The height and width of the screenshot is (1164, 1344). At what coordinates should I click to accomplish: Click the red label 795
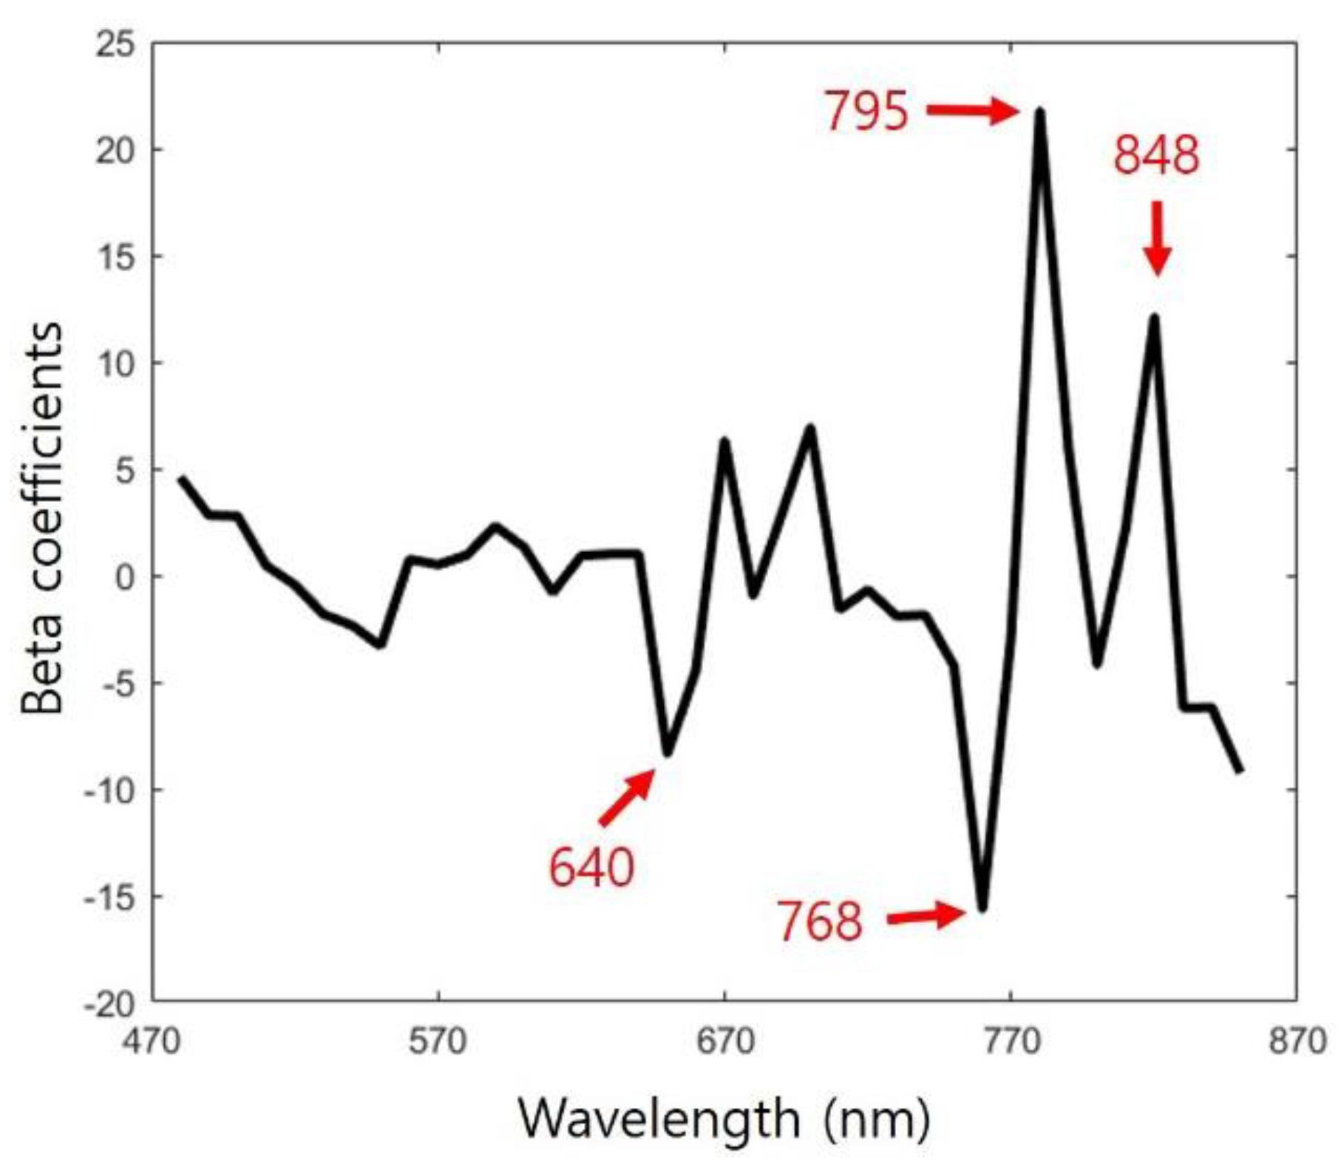coord(866,112)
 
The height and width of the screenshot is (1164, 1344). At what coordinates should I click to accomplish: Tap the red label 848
coord(1156,157)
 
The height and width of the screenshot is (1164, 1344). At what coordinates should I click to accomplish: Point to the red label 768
coord(820,922)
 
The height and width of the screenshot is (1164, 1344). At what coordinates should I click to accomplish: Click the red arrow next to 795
coord(973,112)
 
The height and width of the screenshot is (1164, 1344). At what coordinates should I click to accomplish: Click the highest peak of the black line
coord(1040,112)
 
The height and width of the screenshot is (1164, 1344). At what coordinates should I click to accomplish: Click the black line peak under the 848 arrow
coord(1154,319)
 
